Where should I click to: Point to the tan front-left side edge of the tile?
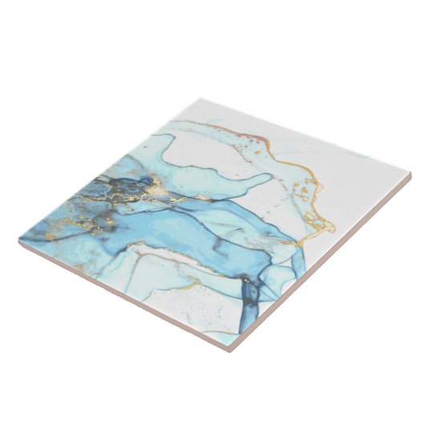click(x=128, y=290)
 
